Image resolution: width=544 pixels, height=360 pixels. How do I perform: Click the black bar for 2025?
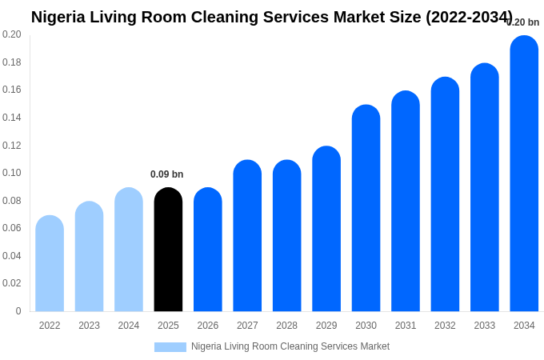[168, 250]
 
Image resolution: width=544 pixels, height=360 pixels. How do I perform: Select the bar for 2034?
[524, 174]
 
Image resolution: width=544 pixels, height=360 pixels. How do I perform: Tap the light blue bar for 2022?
[50, 263]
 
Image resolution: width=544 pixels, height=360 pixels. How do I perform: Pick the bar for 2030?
[366, 208]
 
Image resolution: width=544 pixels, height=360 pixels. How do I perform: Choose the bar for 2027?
[247, 236]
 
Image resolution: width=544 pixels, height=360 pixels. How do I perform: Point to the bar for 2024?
[129, 250]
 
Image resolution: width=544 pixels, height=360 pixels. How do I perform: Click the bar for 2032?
[445, 194]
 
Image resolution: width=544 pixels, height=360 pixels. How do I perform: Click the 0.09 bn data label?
[167, 174]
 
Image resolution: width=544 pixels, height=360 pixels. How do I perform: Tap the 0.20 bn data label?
[523, 22]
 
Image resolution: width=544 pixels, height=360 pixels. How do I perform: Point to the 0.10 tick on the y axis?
[12, 173]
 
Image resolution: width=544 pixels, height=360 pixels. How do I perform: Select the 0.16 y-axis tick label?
[12, 90]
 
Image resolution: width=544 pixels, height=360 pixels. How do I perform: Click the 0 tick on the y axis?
[18, 311]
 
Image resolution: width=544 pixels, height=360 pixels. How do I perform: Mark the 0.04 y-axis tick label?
[12, 256]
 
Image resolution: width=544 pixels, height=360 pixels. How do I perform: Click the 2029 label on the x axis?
[326, 326]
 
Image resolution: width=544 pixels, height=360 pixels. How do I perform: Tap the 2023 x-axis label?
[89, 326]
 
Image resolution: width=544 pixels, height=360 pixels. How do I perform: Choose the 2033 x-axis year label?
[484, 326]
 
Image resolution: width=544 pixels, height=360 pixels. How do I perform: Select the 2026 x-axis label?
[208, 326]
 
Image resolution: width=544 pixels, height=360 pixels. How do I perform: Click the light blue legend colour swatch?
[170, 347]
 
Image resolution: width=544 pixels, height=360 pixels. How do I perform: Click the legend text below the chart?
[290, 346]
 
